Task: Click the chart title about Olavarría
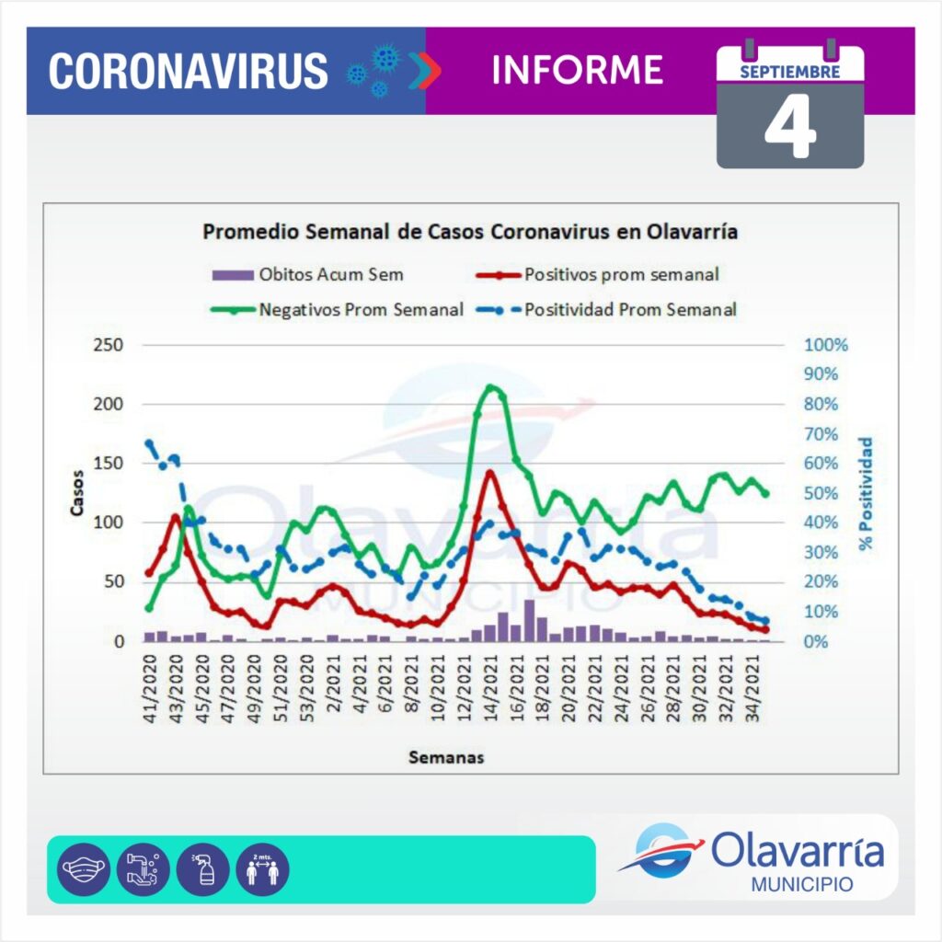pos(469,232)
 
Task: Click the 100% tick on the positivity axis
pos(825,345)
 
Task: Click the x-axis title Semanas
pos(446,758)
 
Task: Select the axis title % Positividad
pos(866,494)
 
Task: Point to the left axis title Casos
pos(78,493)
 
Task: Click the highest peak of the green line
pos(491,387)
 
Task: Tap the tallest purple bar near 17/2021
pos(529,619)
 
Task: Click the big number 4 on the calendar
pos(790,130)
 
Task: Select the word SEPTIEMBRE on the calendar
pos(789,71)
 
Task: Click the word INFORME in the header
pos(578,70)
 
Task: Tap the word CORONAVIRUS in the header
pos(188,71)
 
